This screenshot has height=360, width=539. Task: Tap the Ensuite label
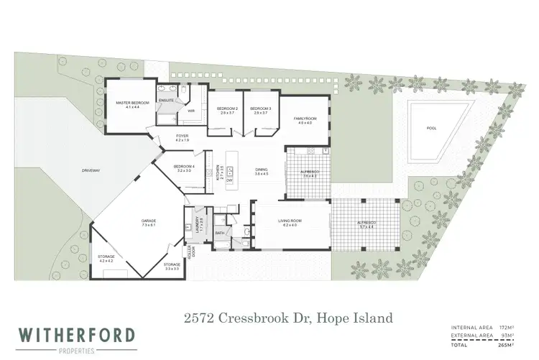click(x=167, y=100)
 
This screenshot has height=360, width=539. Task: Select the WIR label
click(x=191, y=111)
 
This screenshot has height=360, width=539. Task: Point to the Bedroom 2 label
click(x=227, y=110)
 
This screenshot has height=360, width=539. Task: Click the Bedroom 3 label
click(x=260, y=110)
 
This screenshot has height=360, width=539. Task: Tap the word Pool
click(x=431, y=129)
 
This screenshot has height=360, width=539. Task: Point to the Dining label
click(x=261, y=171)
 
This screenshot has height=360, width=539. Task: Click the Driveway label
click(x=91, y=170)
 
